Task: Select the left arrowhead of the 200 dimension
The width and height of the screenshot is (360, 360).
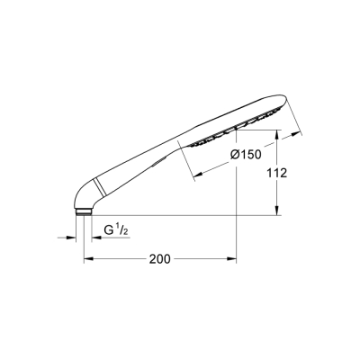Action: click(x=87, y=259)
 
